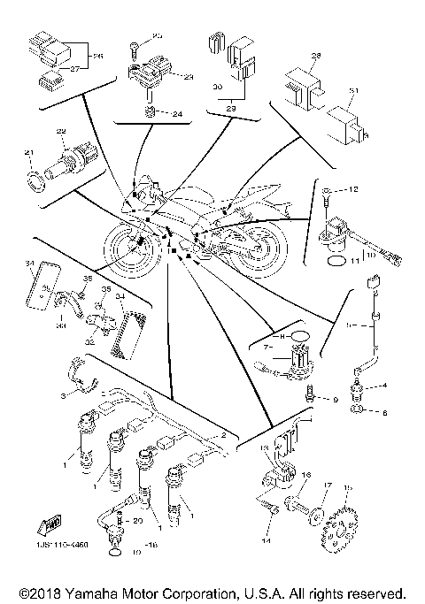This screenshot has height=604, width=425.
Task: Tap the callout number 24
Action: pos(177,113)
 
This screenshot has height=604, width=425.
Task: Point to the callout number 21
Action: pos(28,154)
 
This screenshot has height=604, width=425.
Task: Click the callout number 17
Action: pos(327,485)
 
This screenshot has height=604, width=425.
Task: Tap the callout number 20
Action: pos(138,522)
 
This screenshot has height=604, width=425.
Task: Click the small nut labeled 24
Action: pos(151,112)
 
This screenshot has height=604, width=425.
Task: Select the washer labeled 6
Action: pos(358,412)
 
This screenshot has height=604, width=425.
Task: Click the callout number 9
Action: pos(336,401)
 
